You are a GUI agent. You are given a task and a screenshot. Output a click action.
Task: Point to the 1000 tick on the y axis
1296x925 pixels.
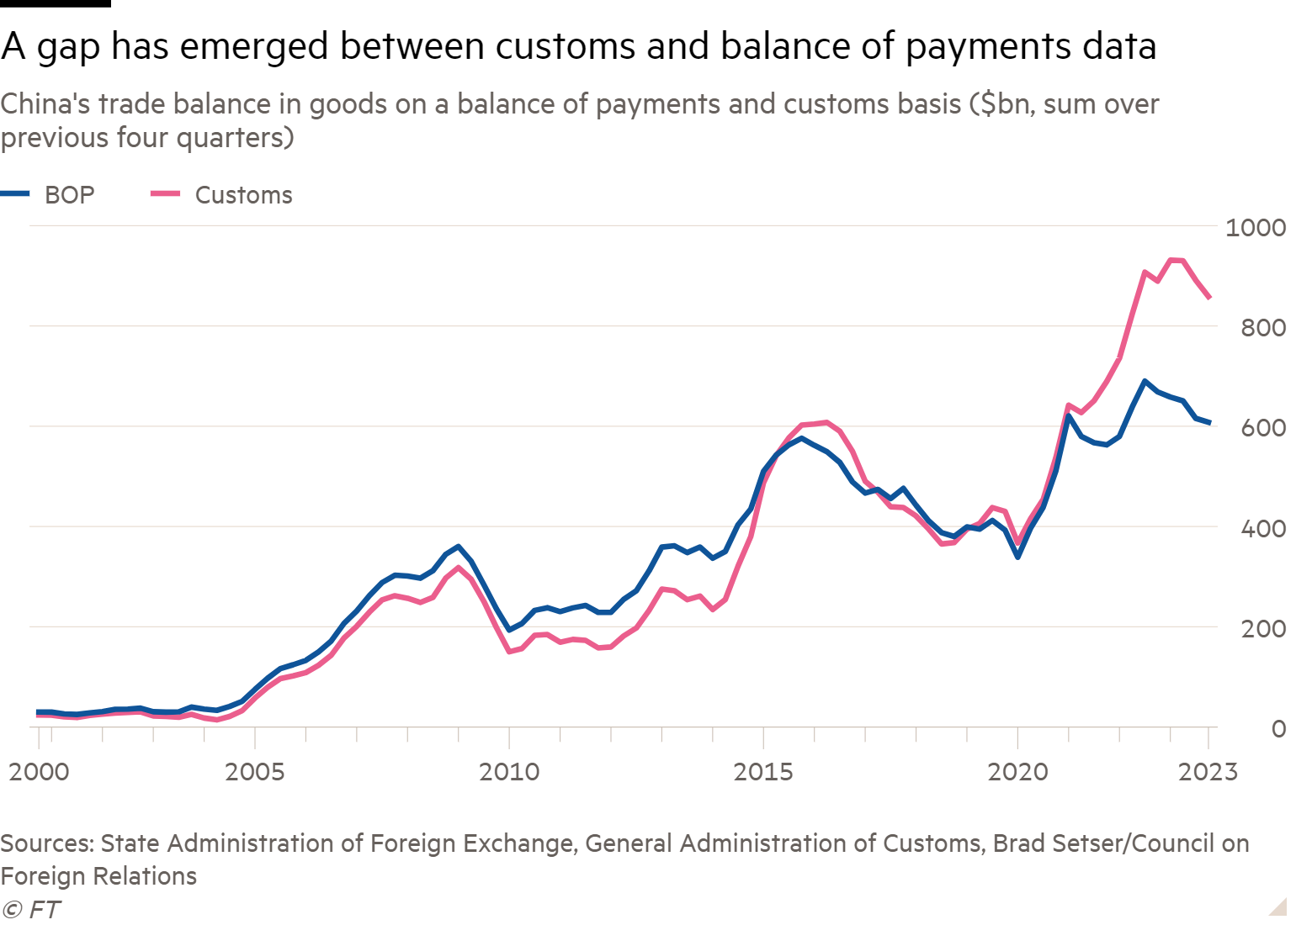(1256, 227)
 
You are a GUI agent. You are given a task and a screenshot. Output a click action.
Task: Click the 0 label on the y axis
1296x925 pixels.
(1278, 728)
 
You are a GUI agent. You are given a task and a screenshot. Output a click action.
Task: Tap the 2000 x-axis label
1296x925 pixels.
(39, 772)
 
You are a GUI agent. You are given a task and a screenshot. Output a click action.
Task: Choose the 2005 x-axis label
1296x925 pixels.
(254, 772)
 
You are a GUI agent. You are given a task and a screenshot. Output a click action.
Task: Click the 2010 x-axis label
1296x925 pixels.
(508, 772)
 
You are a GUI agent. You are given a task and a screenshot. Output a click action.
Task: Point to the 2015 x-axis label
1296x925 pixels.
(762, 772)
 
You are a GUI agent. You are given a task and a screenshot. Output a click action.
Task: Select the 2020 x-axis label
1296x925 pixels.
(1017, 772)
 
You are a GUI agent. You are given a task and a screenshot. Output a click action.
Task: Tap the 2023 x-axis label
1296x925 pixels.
(1208, 772)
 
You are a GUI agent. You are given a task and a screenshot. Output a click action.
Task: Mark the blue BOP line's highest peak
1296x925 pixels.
(1145, 381)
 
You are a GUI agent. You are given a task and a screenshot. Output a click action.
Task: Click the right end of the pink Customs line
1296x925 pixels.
(1209, 298)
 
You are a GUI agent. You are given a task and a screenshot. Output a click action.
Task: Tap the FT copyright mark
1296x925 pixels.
(32, 909)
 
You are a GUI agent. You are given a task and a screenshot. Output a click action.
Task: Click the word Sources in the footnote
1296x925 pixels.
(47, 843)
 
